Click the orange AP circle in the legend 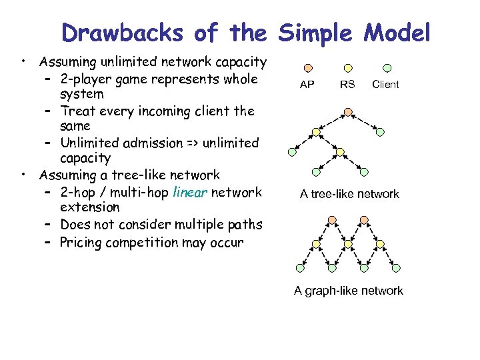click(307, 67)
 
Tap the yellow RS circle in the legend click(347, 67)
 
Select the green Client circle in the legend click(387, 67)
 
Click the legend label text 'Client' click(385, 84)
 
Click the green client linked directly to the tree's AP click(380, 132)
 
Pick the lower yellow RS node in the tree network click(340, 152)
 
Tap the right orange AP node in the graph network click(363, 219)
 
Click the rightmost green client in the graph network click(396, 268)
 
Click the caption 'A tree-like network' click(349, 194)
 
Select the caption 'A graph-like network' click(349, 291)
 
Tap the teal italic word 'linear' click(190, 192)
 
